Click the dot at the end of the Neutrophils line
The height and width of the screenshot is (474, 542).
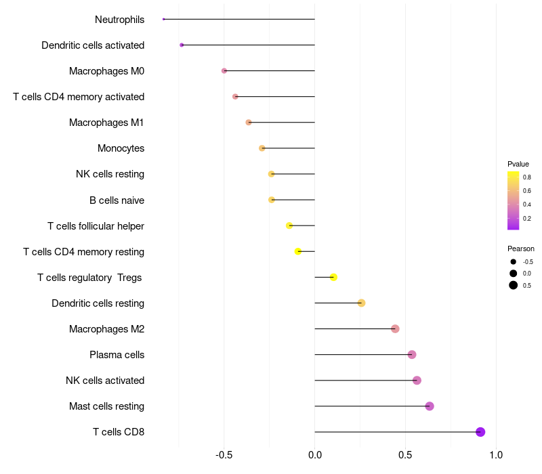click(x=163, y=20)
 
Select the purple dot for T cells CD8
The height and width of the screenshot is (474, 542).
click(x=480, y=432)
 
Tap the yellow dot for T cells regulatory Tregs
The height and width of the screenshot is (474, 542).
click(x=333, y=277)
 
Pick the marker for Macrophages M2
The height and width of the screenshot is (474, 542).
click(x=395, y=329)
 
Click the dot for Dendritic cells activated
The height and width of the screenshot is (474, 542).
click(x=182, y=45)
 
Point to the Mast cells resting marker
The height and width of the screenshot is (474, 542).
click(x=430, y=406)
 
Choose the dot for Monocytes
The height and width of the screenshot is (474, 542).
click(x=262, y=148)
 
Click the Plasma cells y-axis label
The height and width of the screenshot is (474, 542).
click(x=117, y=355)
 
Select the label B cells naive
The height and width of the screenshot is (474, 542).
click(x=117, y=200)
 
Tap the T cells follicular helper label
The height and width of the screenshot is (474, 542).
click(x=96, y=226)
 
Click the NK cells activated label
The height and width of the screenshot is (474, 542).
click(x=105, y=381)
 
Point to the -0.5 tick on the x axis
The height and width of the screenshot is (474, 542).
click(x=224, y=454)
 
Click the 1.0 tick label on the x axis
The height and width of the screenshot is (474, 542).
click(x=496, y=454)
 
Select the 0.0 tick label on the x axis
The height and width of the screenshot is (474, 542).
click(x=314, y=454)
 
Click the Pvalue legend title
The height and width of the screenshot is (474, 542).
click(x=518, y=164)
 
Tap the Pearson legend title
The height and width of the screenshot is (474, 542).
click(x=520, y=249)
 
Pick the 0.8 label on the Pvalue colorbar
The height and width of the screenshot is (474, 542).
click(x=527, y=177)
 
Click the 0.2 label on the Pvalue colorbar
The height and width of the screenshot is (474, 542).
click(x=527, y=218)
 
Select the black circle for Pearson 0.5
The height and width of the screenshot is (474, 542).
click(x=514, y=285)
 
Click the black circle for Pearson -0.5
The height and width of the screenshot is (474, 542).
click(x=514, y=262)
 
